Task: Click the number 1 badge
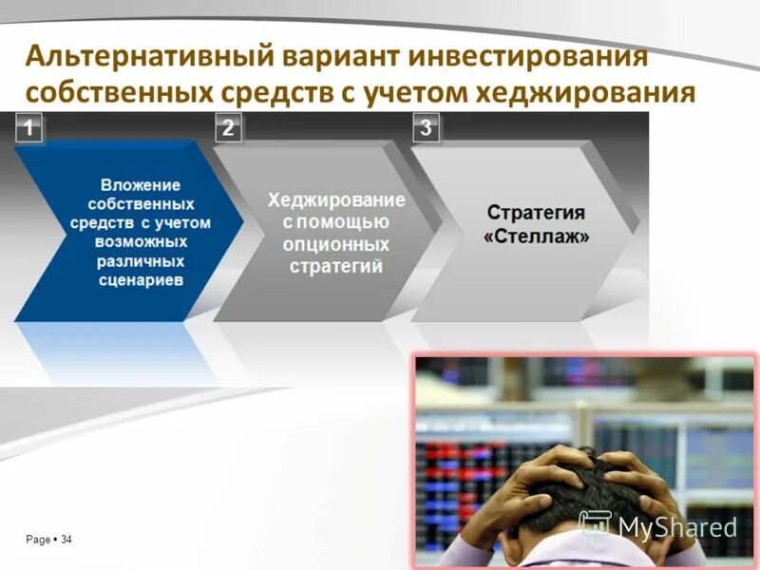tap(30, 128)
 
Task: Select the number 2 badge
tap(228, 128)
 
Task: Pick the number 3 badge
tap(425, 128)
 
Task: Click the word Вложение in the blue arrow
tap(141, 185)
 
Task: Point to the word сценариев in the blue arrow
tap(141, 280)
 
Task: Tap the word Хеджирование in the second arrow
tap(336, 200)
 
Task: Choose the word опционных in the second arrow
tap(336, 244)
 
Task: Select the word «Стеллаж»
tap(536, 235)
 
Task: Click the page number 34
tap(66, 540)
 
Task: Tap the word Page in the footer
tap(38, 540)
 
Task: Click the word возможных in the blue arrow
tap(141, 242)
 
